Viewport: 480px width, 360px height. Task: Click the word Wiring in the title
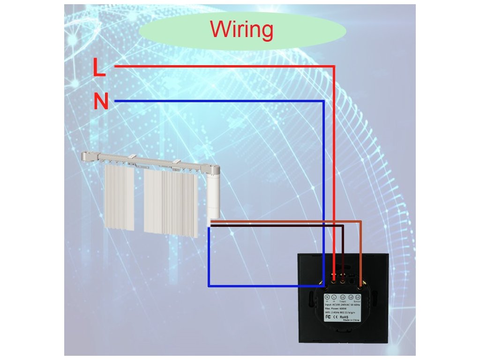(241, 30)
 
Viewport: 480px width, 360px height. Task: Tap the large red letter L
(99, 67)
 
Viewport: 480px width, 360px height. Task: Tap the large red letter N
(101, 101)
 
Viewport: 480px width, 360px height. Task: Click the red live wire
(225, 67)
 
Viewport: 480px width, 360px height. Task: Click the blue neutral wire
(220, 101)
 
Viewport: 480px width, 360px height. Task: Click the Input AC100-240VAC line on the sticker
(342, 304)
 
